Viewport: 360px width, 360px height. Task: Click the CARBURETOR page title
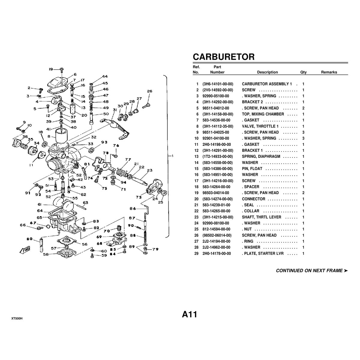(223, 57)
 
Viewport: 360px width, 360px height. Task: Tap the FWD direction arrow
(25, 250)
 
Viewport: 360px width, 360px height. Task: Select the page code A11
(189, 314)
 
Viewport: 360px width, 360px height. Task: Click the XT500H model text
(17, 319)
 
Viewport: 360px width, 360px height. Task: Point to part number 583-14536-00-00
(216, 120)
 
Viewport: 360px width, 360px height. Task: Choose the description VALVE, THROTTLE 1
(260, 126)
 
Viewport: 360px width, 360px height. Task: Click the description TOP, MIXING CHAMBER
(263, 114)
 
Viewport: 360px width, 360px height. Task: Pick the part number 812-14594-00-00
(216, 229)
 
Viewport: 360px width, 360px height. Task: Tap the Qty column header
(303, 72)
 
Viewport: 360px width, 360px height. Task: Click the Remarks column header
(329, 72)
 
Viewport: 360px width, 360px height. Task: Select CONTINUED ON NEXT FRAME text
(312, 271)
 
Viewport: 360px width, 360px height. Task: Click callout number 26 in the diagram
(149, 91)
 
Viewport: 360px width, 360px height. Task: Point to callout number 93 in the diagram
(104, 142)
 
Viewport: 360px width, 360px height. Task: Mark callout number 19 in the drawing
(51, 69)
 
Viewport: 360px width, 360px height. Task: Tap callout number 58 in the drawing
(46, 254)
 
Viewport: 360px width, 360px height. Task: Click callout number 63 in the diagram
(85, 202)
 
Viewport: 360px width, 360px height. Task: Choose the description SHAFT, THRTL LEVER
(262, 217)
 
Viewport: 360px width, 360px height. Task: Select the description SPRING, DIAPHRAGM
(261, 157)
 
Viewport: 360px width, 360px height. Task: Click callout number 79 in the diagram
(155, 249)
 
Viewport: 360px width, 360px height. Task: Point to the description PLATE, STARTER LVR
(263, 253)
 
